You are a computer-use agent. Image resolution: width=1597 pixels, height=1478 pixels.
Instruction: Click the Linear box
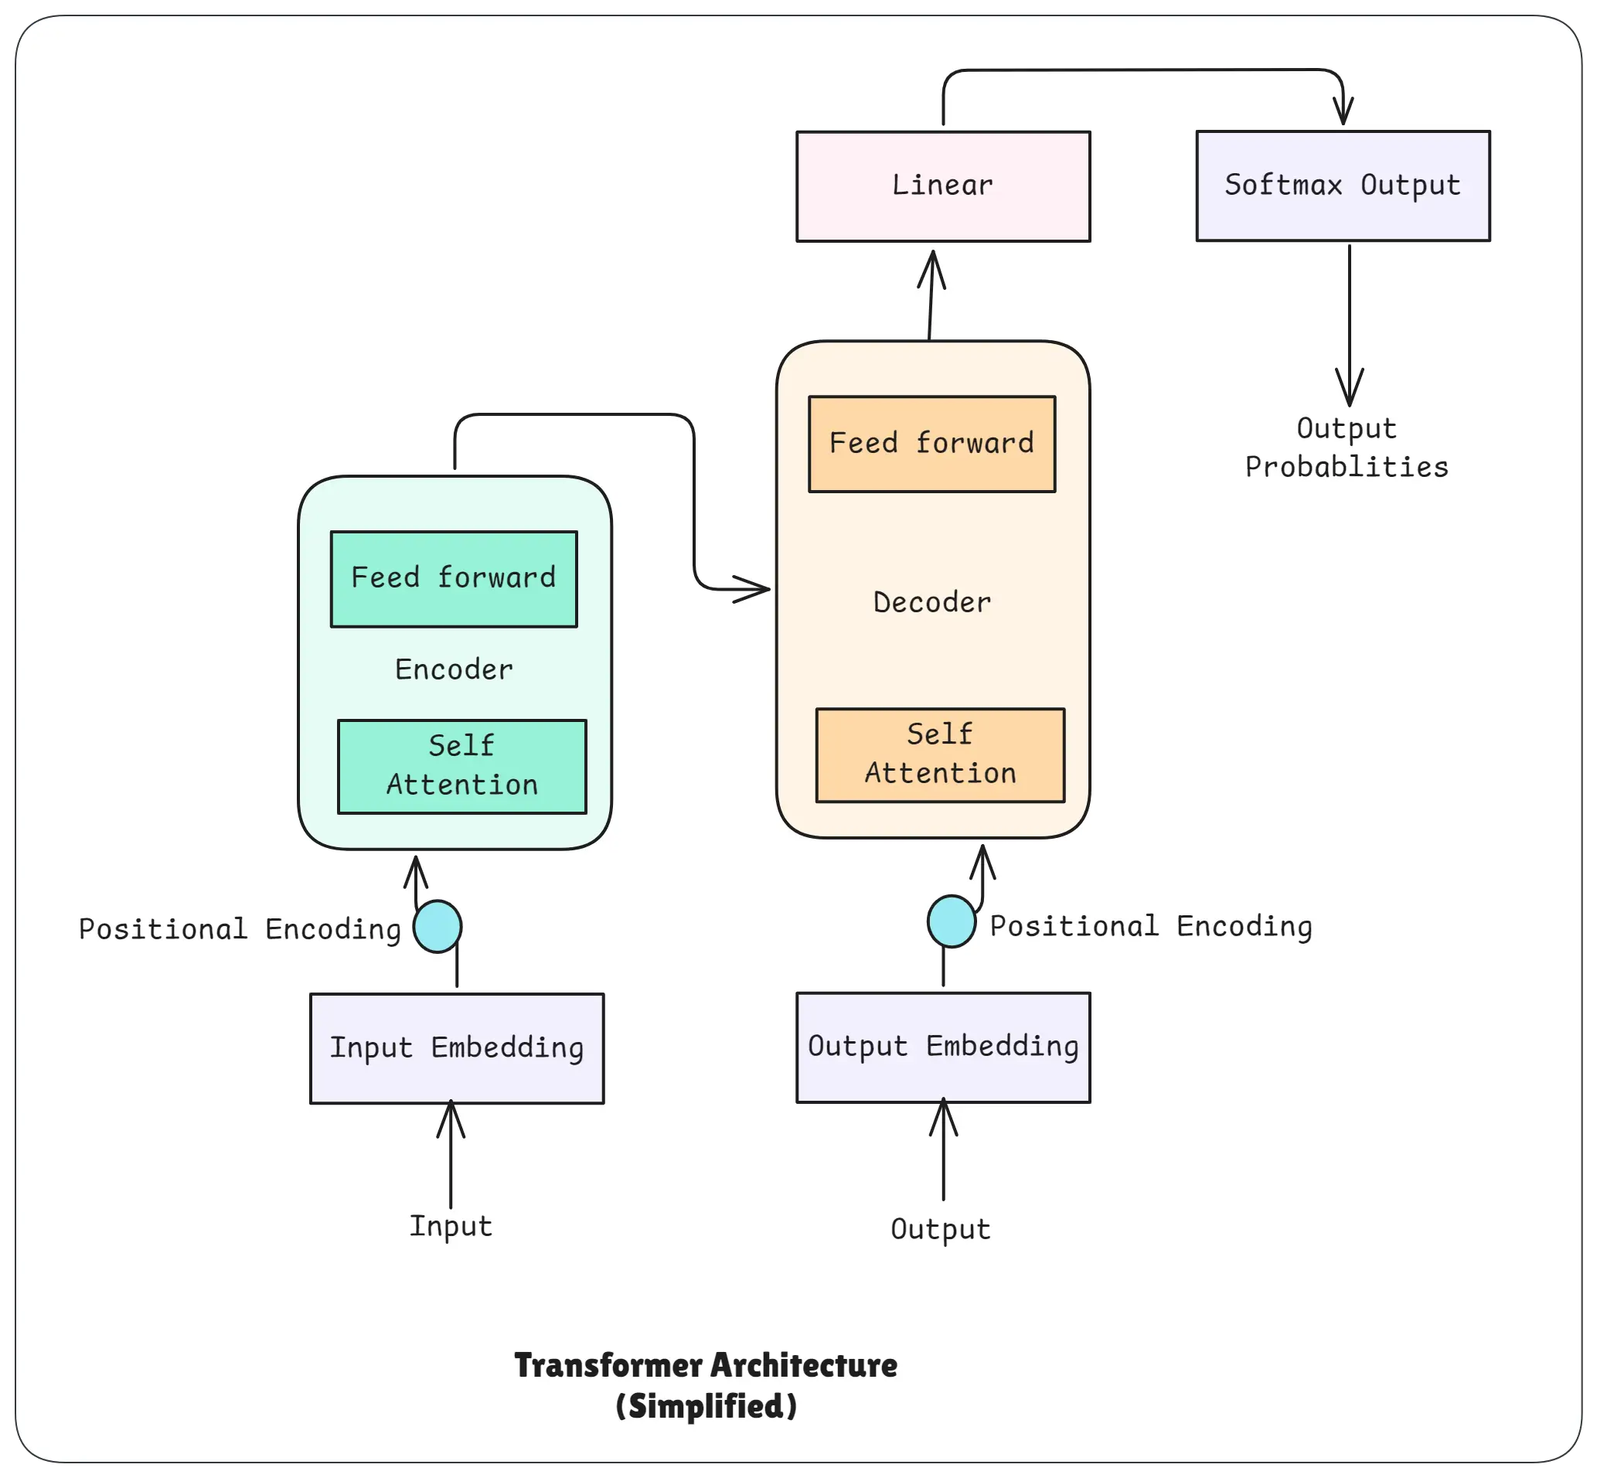coord(943,186)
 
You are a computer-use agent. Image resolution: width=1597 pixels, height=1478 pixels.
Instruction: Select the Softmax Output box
coord(1343,186)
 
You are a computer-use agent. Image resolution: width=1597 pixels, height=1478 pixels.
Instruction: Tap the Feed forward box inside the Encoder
coord(454,578)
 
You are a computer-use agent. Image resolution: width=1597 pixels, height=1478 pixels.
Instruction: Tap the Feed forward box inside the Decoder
coord(931,444)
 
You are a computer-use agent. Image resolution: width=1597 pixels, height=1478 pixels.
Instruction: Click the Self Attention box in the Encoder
coord(461,766)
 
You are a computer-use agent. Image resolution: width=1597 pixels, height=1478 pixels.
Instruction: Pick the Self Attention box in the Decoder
coord(940,755)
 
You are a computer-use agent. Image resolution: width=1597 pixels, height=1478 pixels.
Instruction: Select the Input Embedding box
coord(457,1047)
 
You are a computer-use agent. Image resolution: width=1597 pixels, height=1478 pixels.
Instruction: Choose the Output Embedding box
coord(943,1047)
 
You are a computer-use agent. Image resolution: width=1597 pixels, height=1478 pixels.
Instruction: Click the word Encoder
coord(454,669)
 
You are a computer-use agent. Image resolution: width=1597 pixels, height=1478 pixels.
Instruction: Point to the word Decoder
coord(931,602)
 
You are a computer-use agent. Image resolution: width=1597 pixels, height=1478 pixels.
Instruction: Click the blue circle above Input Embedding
coord(438,926)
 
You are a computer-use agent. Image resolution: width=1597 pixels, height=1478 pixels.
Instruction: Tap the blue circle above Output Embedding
coord(951,921)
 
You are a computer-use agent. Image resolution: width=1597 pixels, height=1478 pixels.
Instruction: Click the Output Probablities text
coord(1347,448)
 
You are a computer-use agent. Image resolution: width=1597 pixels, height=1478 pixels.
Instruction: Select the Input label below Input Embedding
coord(450,1226)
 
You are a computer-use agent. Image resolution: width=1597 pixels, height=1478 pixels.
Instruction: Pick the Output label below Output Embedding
coord(941,1229)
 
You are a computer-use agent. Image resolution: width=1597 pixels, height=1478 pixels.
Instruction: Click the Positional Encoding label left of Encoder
coord(239,929)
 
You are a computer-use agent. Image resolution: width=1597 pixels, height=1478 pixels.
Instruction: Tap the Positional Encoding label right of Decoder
coord(1151,926)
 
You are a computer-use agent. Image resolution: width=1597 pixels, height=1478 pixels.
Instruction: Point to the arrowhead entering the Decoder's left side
coord(755,590)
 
